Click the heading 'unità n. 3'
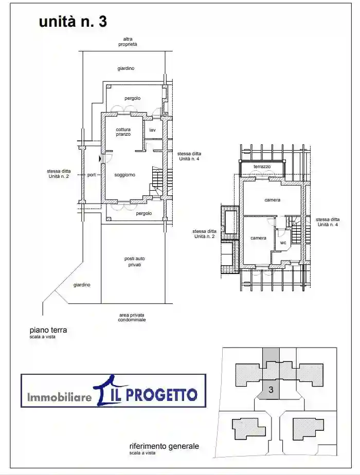coord(73,22)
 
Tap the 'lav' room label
coord(152,130)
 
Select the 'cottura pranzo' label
coord(123,132)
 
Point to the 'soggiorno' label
coord(124,175)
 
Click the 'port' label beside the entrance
coord(91,175)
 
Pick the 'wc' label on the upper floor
coord(283,243)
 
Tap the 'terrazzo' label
coord(262,167)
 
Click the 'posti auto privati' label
coord(135,262)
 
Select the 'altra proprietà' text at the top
coord(128,42)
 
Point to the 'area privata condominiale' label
coord(132,317)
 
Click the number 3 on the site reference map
coord(271,389)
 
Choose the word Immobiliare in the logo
coord(59,396)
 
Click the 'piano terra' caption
coord(48,330)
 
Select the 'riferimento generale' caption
coord(164,446)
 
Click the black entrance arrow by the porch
coord(100,158)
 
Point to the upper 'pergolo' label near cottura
coord(132,99)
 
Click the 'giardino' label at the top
coord(126,68)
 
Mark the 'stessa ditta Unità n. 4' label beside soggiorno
coord(189,156)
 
